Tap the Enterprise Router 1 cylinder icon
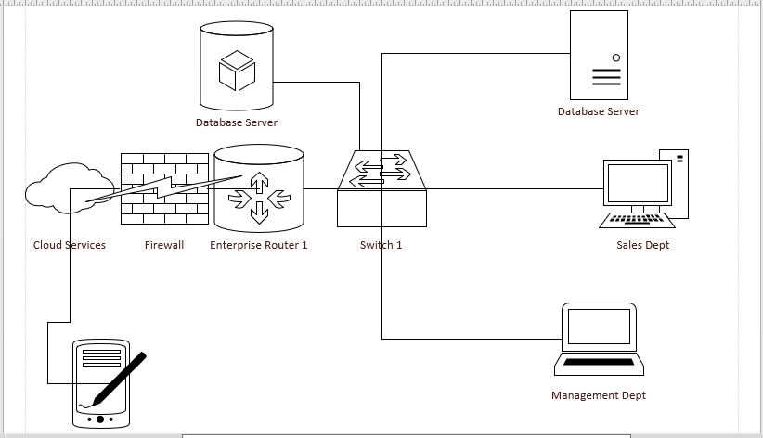[258, 188]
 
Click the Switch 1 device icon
[381, 190]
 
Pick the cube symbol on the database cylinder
[236, 71]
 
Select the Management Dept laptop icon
[599, 338]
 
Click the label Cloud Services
[70, 245]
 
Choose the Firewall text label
[164, 245]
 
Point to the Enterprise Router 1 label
[258, 245]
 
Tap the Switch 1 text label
[381, 245]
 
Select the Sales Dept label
[642, 245]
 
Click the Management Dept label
[599, 395]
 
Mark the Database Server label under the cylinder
[236, 122]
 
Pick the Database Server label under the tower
[599, 111]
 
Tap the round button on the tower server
[616, 58]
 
